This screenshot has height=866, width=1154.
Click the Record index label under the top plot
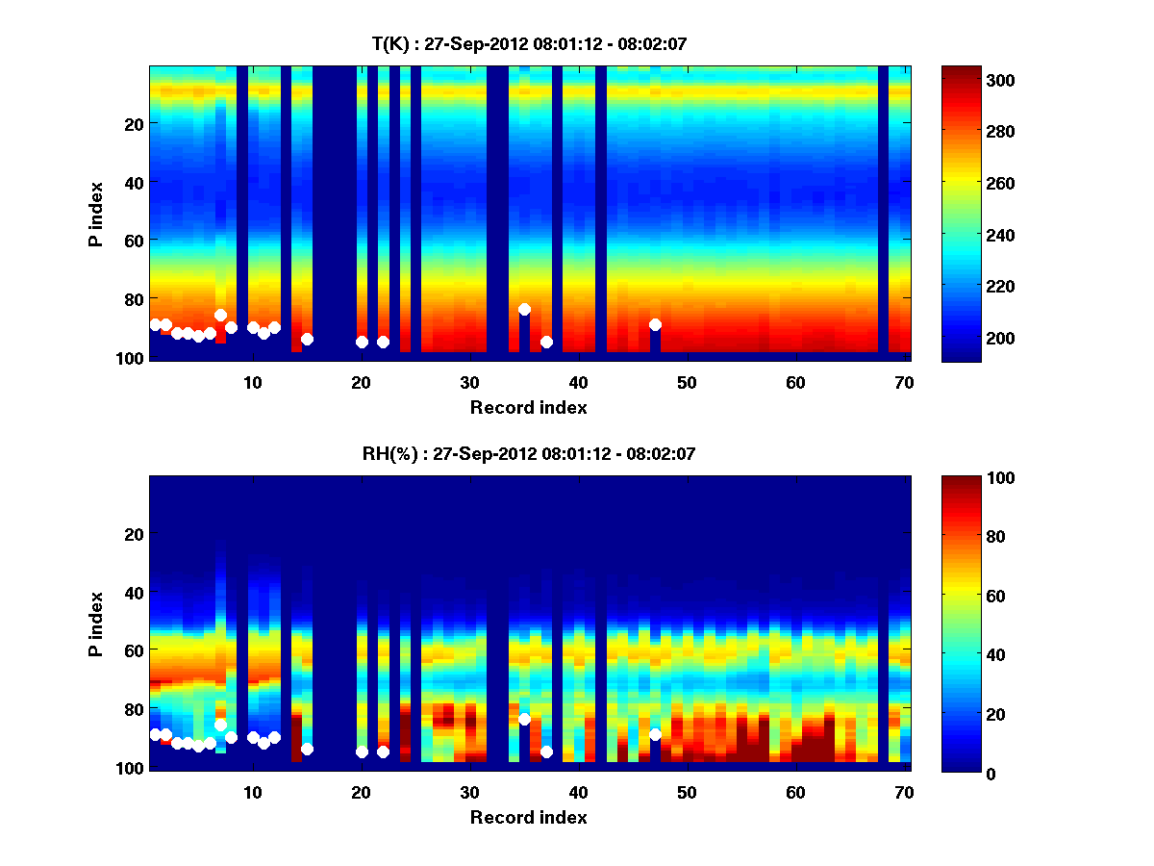(x=528, y=407)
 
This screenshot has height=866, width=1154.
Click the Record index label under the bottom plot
(x=528, y=817)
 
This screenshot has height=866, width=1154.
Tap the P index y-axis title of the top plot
(x=96, y=212)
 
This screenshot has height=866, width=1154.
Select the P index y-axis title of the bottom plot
(x=96, y=622)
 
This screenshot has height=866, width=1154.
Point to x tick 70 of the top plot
(x=904, y=382)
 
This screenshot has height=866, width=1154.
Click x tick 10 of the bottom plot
(x=252, y=792)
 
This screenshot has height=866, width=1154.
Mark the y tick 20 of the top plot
(x=134, y=123)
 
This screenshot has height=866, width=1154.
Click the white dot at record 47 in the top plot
(x=655, y=324)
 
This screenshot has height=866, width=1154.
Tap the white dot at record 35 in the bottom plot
(x=524, y=719)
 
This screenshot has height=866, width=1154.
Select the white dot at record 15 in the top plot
(x=307, y=339)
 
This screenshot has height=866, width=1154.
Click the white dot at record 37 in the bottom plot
(x=546, y=751)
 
